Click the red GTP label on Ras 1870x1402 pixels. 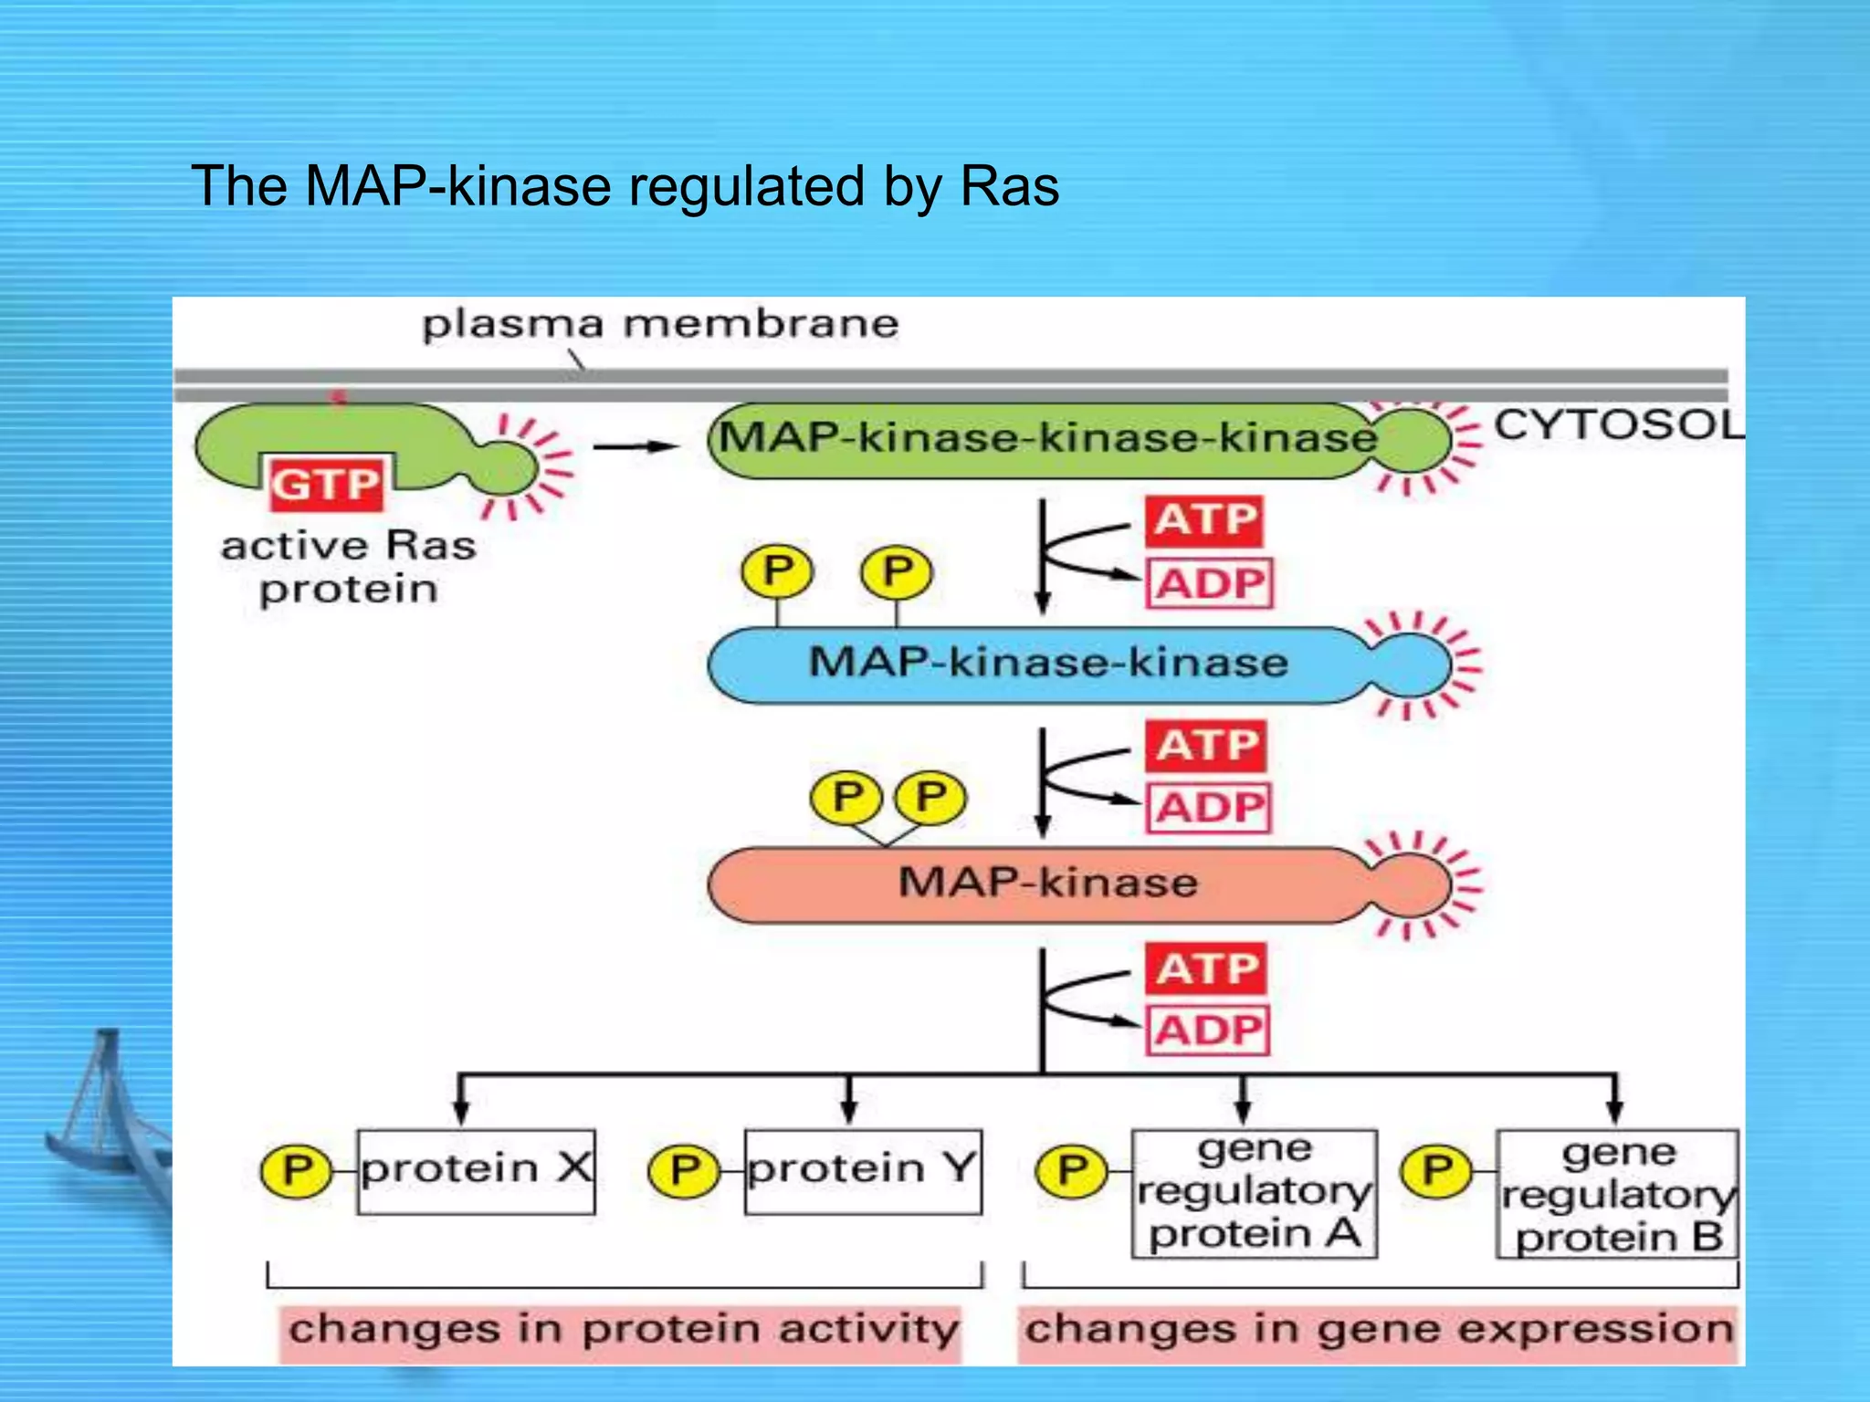coord(325,484)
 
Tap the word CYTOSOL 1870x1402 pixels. coord(1616,425)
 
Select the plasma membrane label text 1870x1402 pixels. coord(659,325)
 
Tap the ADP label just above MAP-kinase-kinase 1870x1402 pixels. coord(1209,584)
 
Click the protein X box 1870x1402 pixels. coord(476,1171)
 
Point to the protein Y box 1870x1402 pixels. coord(863,1171)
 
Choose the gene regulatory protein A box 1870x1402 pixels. coord(1254,1193)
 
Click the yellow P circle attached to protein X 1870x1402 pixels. coord(297,1171)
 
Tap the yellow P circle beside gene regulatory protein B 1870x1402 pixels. coord(1436,1171)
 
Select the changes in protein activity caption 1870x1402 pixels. coord(624,1330)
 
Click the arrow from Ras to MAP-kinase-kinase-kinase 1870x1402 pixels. coord(635,446)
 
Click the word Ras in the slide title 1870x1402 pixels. coord(1009,187)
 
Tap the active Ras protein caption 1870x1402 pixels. coord(348,567)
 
